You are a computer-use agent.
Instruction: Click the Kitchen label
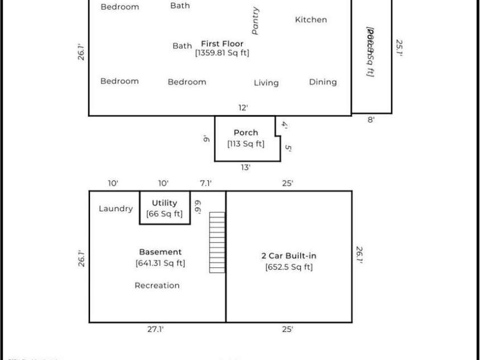pos(311,20)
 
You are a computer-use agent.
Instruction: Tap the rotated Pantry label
pos(256,21)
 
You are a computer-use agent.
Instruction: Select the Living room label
pos(266,83)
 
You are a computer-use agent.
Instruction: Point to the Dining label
pos(323,82)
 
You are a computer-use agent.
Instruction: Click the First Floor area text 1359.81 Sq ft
pos(222,53)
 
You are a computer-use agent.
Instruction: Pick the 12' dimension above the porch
pos(243,108)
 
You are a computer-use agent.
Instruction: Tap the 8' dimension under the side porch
pos(371,120)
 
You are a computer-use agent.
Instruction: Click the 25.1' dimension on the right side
pos(400,52)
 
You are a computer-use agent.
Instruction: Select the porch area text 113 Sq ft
pos(246,144)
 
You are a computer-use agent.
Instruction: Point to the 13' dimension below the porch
pos(245,167)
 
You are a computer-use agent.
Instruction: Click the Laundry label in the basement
pos(116,209)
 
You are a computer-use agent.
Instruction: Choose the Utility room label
pos(165,203)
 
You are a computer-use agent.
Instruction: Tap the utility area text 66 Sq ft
pos(165,214)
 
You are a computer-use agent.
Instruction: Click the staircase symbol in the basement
pos(218,243)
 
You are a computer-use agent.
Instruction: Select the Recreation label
pos(157,285)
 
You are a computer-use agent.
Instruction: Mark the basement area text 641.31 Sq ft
pos(161,263)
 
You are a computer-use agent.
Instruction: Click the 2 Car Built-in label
pos(289,256)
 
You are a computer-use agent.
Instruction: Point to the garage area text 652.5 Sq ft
pos(289,267)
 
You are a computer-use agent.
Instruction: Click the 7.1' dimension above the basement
pos(206,183)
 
